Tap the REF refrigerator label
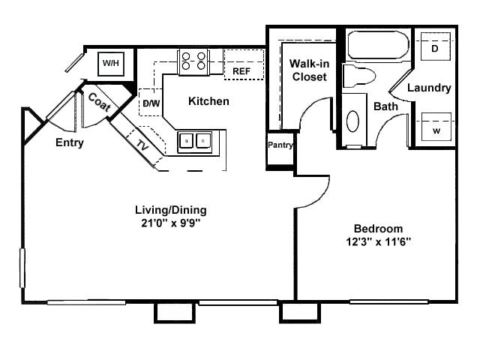pyautogui.click(x=241, y=70)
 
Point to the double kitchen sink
pyautogui.click(x=195, y=140)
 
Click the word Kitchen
pyautogui.click(x=208, y=101)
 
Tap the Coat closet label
pyautogui.click(x=100, y=103)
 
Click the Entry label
pyautogui.click(x=69, y=142)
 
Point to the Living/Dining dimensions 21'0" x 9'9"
pyautogui.click(x=170, y=223)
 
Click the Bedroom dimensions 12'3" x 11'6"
pyautogui.click(x=378, y=241)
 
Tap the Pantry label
pyautogui.click(x=280, y=144)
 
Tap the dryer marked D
pyautogui.click(x=435, y=49)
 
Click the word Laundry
pyautogui.click(x=429, y=88)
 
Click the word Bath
pyautogui.click(x=386, y=106)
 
